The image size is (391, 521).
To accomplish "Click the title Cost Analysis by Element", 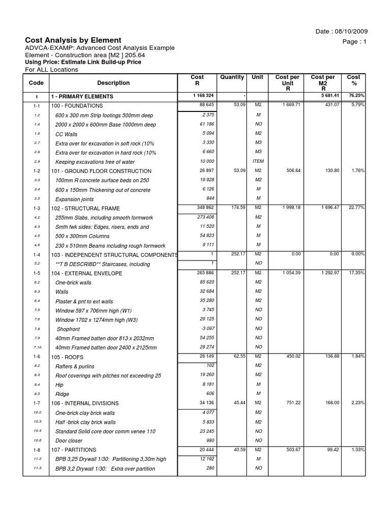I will point(73,40).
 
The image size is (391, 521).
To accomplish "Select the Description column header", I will point(113,83).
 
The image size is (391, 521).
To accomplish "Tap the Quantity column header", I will point(232,77).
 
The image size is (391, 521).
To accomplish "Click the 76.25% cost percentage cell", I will point(356,95).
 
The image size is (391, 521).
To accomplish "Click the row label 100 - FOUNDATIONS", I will point(77,106).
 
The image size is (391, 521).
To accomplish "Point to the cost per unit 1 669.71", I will point(288,105).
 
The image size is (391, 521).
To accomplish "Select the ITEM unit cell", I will point(258,161).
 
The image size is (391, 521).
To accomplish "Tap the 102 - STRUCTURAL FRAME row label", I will point(85,209).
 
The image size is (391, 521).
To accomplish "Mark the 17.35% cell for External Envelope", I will point(356,273).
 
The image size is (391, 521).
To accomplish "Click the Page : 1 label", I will point(355,42).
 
